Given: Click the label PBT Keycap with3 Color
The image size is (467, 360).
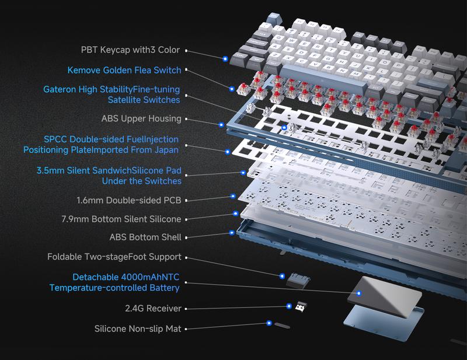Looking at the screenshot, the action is [130, 50].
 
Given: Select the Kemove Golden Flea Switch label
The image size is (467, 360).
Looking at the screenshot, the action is [124, 70].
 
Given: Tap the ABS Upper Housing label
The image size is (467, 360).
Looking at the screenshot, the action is [141, 118].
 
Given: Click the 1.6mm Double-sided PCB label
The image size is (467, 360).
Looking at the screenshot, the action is [128, 200].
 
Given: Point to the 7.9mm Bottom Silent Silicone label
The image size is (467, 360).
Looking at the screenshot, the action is [121, 219].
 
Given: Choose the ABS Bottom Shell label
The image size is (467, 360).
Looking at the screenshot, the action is [145, 237].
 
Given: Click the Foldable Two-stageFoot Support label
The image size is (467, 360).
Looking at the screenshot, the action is [114, 257].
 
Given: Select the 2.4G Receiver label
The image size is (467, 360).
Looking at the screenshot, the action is [153, 308].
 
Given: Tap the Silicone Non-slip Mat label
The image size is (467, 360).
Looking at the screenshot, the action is [138, 328].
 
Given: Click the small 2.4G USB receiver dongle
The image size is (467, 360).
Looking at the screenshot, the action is [301, 307].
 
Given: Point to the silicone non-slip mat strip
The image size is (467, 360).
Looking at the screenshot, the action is [282, 326].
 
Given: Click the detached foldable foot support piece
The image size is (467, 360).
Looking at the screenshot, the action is [298, 281].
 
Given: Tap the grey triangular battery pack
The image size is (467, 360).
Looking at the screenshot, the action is [385, 296].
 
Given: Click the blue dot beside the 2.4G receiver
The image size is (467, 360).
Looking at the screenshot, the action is [289, 306].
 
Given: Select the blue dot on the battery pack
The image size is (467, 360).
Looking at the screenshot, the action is [359, 293].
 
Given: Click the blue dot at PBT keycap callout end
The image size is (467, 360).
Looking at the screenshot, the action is [225, 59].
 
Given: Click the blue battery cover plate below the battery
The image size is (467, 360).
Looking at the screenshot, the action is [384, 323].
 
